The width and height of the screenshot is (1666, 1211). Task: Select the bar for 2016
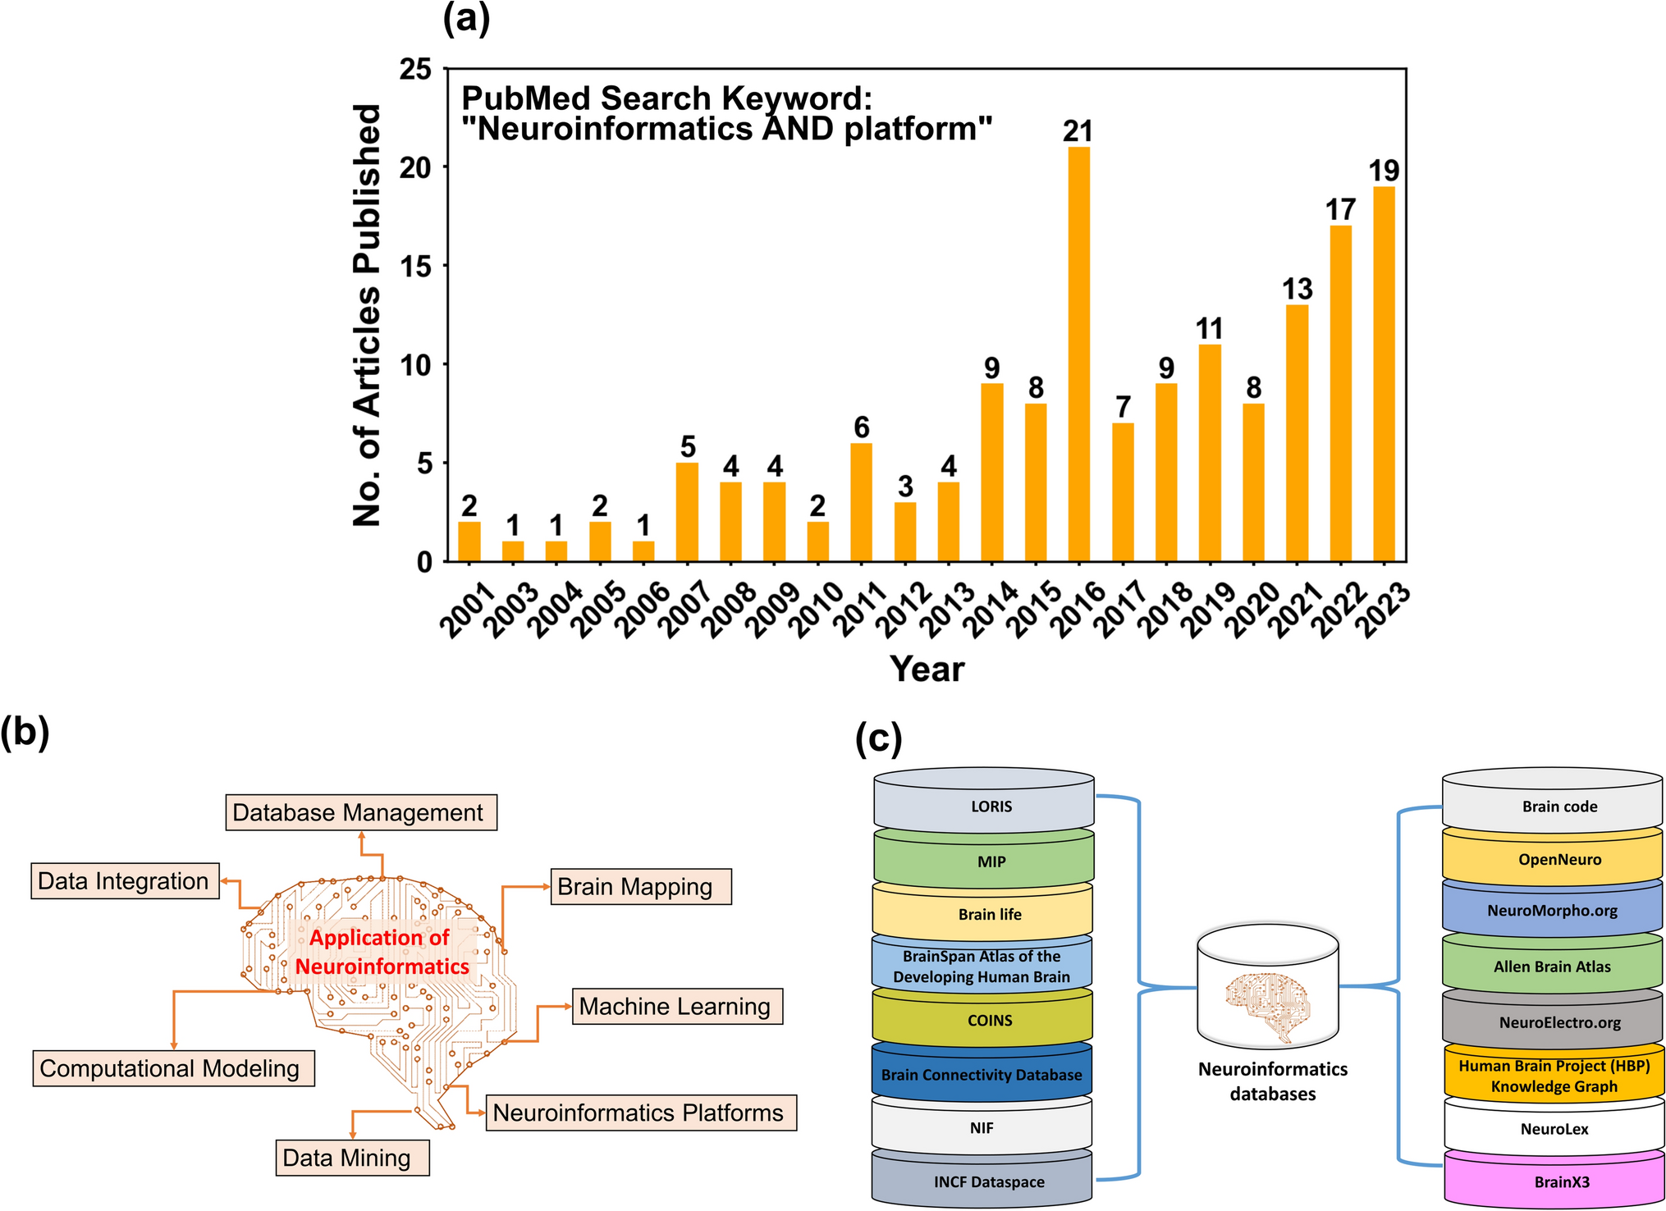pyautogui.click(x=1078, y=354)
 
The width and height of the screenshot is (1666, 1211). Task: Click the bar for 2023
pyautogui.click(x=1384, y=374)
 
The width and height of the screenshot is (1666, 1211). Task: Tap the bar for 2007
pyautogui.click(x=687, y=512)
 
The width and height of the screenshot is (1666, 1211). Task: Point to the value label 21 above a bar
pyautogui.click(x=1078, y=130)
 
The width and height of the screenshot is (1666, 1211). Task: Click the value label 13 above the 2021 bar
pyautogui.click(x=1297, y=289)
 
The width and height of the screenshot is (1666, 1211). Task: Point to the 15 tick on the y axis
pyautogui.click(x=415, y=267)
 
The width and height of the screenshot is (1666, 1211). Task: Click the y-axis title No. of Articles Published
pyautogui.click(x=367, y=315)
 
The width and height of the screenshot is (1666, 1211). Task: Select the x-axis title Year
pyautogui.click(x=927, y=669)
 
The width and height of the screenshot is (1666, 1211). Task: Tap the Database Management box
pyautogui.click(x=361, y=812)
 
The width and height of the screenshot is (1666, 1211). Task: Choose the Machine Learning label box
pyautogui.click(x=676, y=1006)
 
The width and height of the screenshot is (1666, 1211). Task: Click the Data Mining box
pyautogui.click(x=351, y=1158)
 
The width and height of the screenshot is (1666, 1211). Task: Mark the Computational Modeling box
pyautogui.click(x=173, y=1068)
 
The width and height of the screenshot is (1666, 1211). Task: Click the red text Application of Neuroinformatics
pyautogui.click(x=381, y=952)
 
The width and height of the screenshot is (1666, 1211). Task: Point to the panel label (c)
pyautogui.click(x=878, y=738)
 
